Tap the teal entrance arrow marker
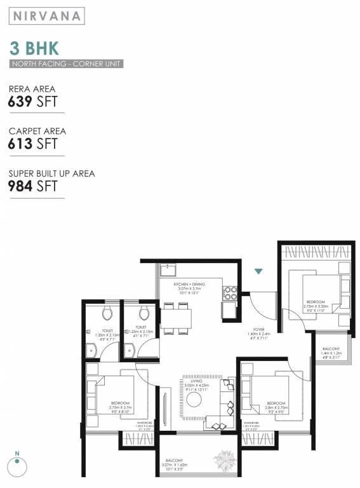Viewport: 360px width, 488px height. pos(258,272)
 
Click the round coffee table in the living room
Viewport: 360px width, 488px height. pos(193,398)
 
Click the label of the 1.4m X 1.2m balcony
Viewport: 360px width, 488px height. pos(331,353)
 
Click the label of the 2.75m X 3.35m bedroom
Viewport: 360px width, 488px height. pos(315,306)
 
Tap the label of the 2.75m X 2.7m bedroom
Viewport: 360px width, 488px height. pos(119,407)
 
